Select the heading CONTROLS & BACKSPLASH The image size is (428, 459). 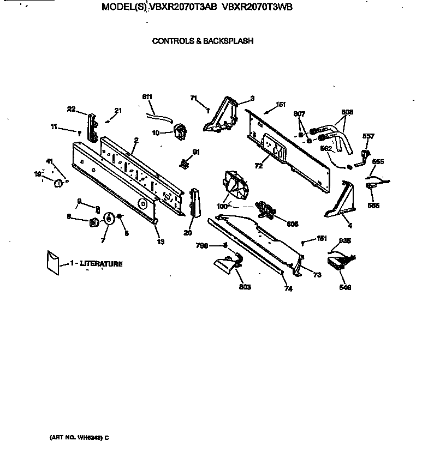click(202, 41)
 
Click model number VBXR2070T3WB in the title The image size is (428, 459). click(258, 8)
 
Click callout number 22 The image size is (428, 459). click(71, 109)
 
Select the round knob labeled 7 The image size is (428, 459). click(108, 219)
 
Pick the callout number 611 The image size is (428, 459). click(147, 97)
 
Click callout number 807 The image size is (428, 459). click(299, 114)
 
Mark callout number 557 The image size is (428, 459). click(369, 136)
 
